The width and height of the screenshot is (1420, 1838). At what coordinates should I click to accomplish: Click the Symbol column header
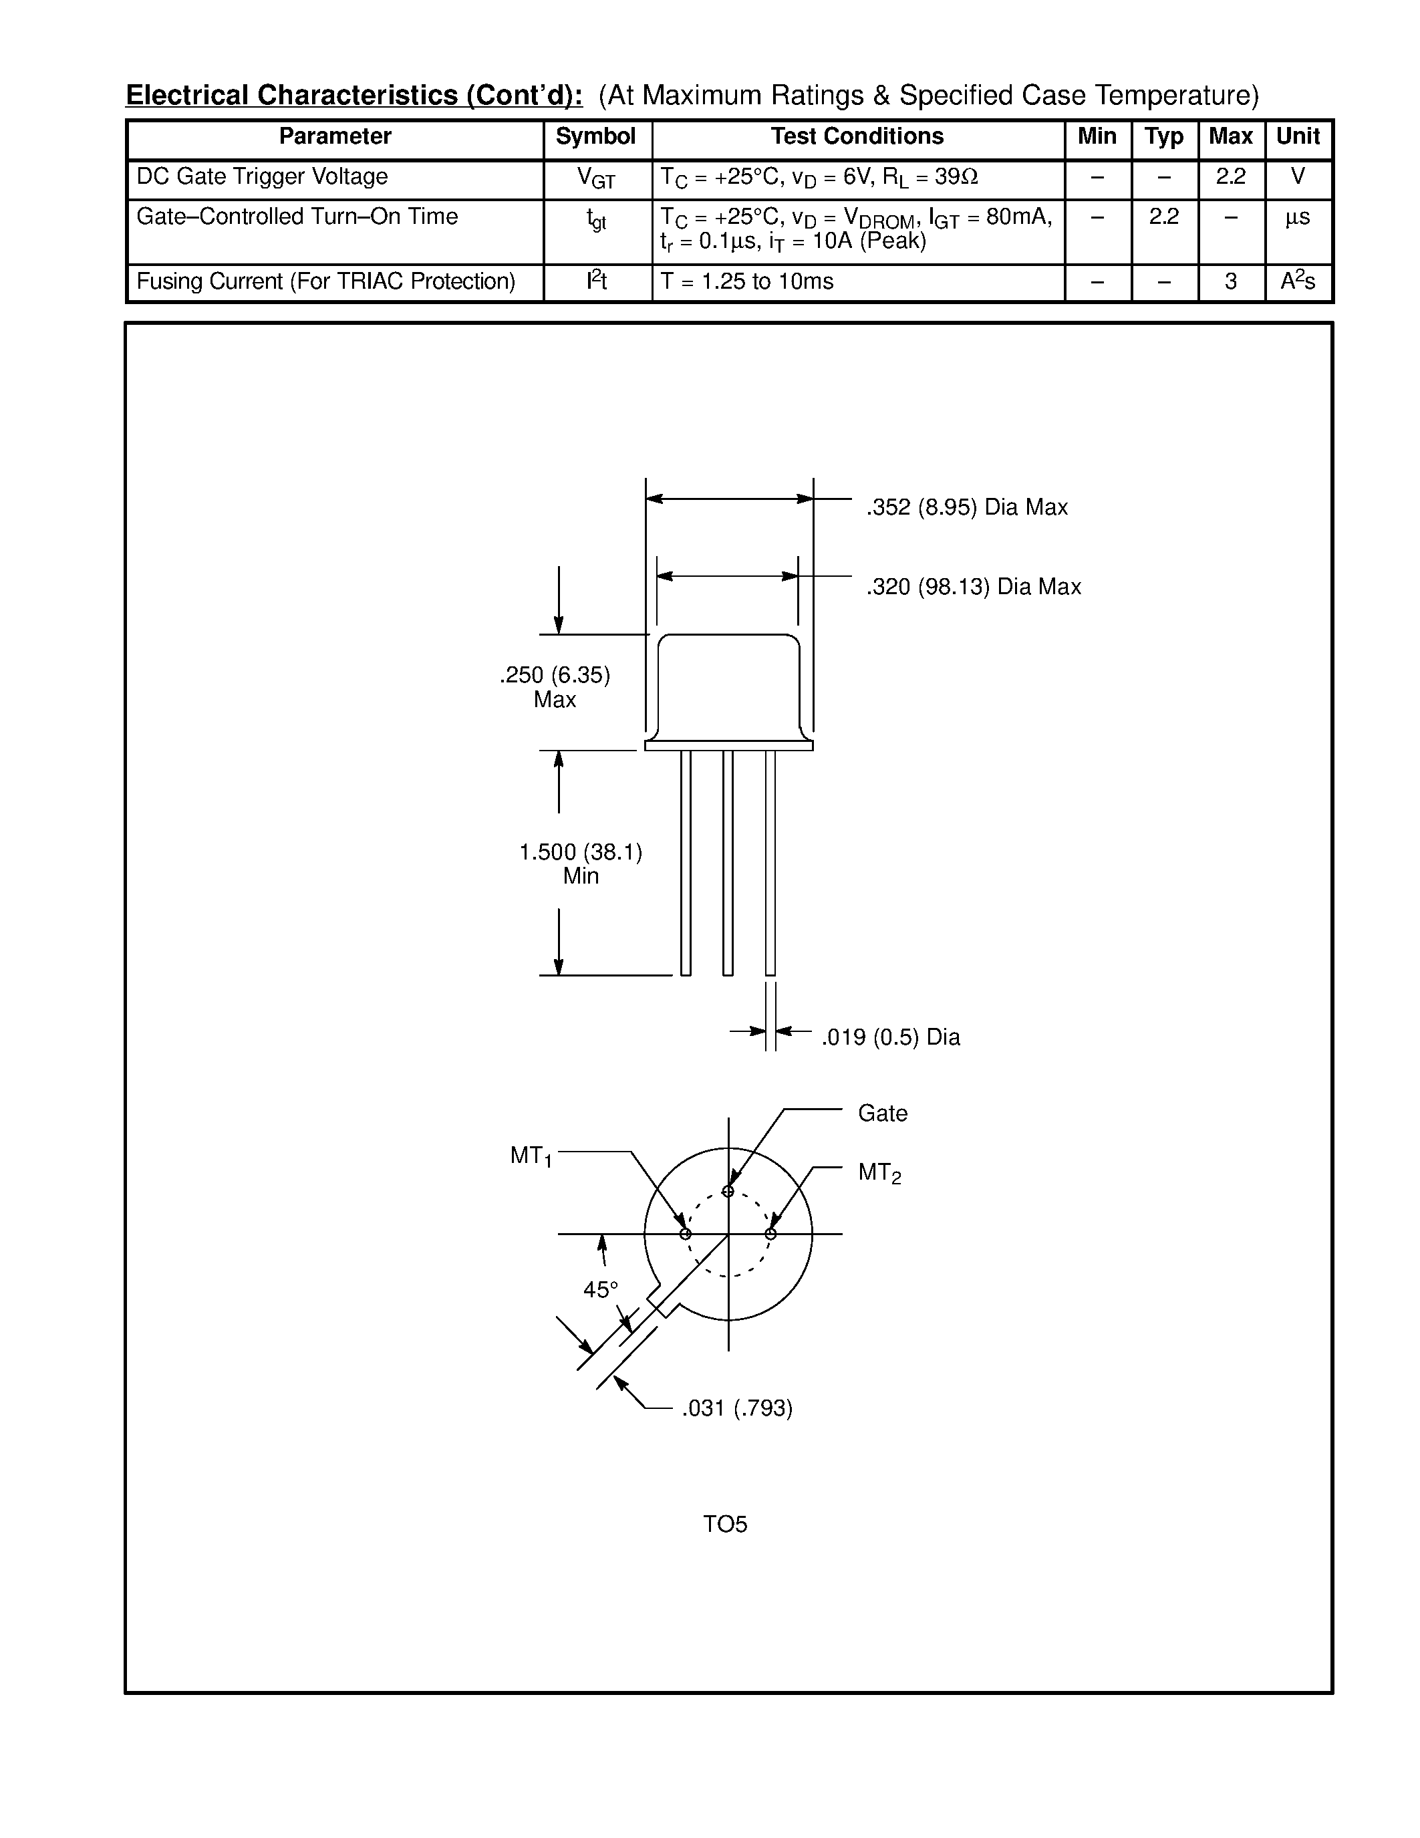click(x=595, y=136)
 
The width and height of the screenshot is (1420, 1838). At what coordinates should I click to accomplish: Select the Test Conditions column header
click(x=857, y=136)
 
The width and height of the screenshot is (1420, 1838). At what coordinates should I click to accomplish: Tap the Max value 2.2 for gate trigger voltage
click(x=1230, y=176)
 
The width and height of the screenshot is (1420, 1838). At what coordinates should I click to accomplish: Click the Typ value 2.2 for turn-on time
click(x=1163, y=217)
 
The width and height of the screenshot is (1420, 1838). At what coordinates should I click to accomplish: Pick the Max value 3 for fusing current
click(x=1230, y=282)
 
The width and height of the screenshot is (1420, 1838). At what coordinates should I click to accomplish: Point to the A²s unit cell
click(x=1297, y=281)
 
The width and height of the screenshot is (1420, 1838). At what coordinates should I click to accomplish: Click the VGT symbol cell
click(x=595, y=178)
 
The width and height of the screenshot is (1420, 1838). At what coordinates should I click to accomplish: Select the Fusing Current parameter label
click(x=325, y=282)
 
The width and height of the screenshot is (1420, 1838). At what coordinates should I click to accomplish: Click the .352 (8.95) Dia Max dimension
click(x=966, y=507)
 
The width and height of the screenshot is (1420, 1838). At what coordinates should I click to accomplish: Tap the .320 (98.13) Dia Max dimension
click(x=974, y=587)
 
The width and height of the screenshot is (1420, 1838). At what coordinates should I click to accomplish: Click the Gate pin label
click(x=883, y=1113)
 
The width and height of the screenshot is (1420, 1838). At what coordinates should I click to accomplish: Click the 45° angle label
click(x=601, y=1289)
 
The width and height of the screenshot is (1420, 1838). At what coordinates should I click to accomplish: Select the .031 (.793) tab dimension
click(x=737, y=1408)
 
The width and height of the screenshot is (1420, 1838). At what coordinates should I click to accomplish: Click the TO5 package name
click(x=725, y=1524)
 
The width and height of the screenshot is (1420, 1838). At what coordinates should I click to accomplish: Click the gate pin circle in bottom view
click(x=728, y=1191)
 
